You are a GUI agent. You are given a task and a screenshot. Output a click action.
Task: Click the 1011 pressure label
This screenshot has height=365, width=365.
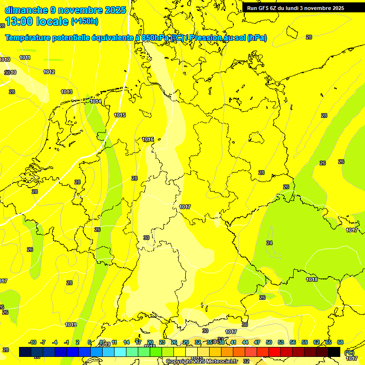pos(25,58)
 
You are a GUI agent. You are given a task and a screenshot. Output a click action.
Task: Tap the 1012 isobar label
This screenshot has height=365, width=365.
pos(49,72)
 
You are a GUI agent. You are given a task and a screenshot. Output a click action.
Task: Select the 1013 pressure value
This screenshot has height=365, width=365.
pos(67,92)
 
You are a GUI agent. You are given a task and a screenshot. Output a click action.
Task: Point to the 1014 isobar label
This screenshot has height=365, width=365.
pos(96,101)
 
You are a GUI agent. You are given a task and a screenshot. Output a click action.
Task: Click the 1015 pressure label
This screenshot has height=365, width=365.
pos(120,115)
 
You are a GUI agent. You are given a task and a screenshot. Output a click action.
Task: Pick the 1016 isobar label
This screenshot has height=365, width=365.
pos(148,139)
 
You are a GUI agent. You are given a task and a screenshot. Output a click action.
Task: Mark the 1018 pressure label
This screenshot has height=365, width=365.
pos(312,279)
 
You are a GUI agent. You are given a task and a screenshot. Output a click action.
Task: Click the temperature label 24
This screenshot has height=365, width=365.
pos(269,243)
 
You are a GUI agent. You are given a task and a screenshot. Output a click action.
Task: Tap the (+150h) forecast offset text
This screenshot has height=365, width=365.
pos(85,21)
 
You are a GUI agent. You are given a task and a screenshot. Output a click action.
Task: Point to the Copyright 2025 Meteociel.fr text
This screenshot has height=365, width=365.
pos(202,361)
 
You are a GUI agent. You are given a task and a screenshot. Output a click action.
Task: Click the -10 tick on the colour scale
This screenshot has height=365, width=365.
pos(33,342)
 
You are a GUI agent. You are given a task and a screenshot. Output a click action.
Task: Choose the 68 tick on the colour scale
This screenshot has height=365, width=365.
pos(340,342)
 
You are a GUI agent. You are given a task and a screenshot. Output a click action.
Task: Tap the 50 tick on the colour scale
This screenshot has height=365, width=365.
pos(269,342)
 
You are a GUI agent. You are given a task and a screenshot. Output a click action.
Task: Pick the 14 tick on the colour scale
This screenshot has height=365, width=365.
pos(126,342)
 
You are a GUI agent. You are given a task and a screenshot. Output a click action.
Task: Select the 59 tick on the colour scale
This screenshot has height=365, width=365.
pos(305,342)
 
